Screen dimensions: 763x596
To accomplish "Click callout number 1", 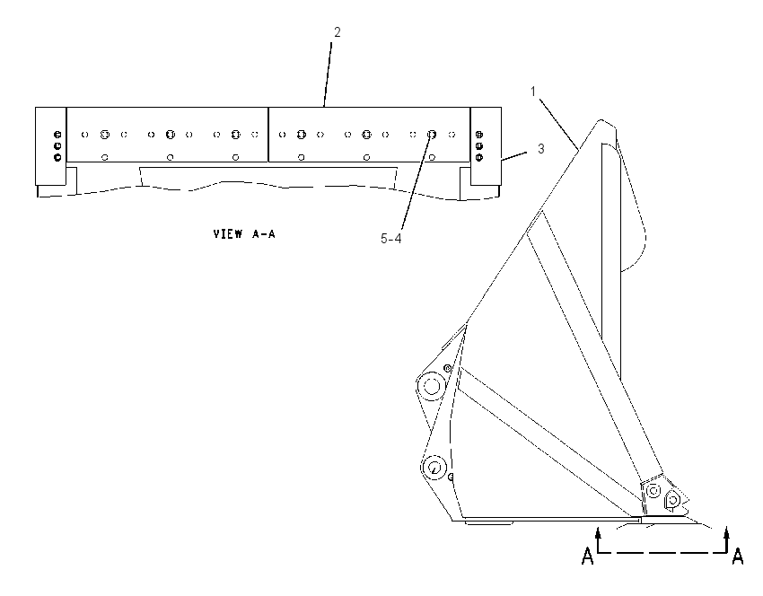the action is click(x=533, y=91).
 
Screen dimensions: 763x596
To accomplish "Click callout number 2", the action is click(x=338, y=32).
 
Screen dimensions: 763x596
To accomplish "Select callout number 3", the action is click(x=540, y=148).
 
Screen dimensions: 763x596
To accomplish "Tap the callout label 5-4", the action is click(x=390, y=239).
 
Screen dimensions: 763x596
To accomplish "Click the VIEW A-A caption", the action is click(x=244, y=234).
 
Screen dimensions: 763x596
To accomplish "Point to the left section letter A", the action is click(x=588, y=556).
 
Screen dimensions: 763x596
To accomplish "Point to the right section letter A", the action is click(x=738, y=556).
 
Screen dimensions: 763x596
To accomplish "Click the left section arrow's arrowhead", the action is click(x=599, y=532).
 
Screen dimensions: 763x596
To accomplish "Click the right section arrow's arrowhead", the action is click(x=726, y=532).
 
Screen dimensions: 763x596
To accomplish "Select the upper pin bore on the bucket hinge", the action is click(x=431, y=386).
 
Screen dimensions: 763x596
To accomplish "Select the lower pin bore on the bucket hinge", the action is click(x=434, y=468).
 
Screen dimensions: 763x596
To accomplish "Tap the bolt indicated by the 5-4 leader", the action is click(x=432, y=135).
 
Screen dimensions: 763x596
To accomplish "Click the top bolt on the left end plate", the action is click(x=57, y=135).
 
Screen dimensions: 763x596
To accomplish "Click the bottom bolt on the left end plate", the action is click(x=57, y=157).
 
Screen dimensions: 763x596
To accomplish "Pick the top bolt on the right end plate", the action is click(x=478, y=135).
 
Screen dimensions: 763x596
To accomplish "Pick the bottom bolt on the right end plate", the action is click(x=478, y=157).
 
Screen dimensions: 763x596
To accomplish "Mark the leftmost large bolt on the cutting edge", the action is click(x=105, y=135).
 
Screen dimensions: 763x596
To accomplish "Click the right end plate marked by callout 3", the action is click(x=486, y=146).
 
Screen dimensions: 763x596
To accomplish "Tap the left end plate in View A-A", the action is click(x=50, y=146).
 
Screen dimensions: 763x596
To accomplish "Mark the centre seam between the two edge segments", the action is click(x=268, y=135).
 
